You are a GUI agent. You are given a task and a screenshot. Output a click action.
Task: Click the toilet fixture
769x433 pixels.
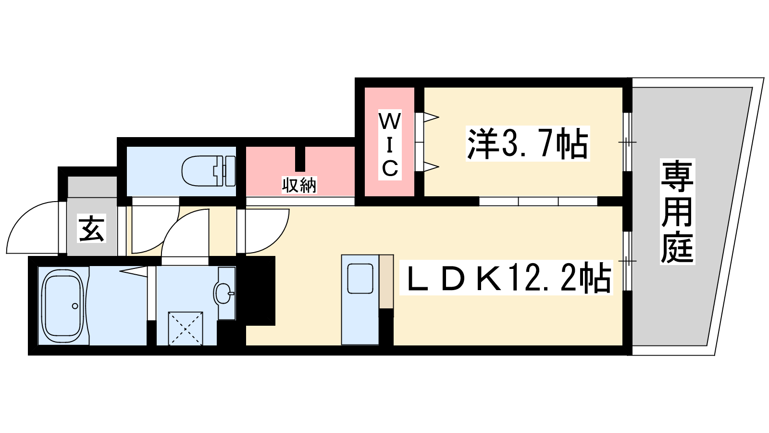pyautogui.click(x=209, y=171)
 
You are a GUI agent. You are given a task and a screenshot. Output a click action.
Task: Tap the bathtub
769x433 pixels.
pyautogui.click(x=62, y=306)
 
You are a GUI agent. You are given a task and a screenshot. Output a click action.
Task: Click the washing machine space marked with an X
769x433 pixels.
pyautogui.click(x=186, y=329)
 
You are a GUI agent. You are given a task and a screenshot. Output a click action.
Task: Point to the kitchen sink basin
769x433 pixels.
pyautogui.click(x=360, y=279)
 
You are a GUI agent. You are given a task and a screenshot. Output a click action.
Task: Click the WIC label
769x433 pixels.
pyautogui.click(x=390, y=144)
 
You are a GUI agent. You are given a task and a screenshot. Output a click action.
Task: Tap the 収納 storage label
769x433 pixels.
pyautogui.click(x=299, y=185)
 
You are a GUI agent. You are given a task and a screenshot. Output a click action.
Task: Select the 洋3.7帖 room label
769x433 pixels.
pyautogui.click(x=528, y=143)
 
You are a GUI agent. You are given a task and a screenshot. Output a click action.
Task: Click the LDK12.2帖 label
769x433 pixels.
pyautogui.click(x=506, y=278)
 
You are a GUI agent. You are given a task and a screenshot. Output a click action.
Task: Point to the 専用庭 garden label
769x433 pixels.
pyautogui.click(x=677, y=211)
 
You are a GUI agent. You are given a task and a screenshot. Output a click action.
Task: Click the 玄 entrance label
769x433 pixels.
pyautogui.click(x=91, y=228)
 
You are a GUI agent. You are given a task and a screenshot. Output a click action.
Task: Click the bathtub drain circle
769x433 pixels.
pyautogui.click(x=75, y=306)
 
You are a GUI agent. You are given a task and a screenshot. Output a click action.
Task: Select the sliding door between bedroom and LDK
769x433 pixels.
pyautogui.click(x=538, y=202)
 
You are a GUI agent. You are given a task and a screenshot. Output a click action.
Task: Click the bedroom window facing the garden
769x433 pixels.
pyautogui.click(x=627, y=141)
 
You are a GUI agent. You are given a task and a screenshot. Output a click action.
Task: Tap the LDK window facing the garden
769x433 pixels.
pyautogui.click(x=627, y=261)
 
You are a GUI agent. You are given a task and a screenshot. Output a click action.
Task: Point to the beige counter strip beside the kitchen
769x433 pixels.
pyautogui.click(x=386, y=281)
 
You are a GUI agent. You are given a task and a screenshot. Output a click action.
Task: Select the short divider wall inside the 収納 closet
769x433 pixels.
pyautogui.click(x=300, y=159)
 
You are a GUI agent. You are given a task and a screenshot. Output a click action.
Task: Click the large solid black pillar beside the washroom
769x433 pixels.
pyautogui.click(x=260, y=291)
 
